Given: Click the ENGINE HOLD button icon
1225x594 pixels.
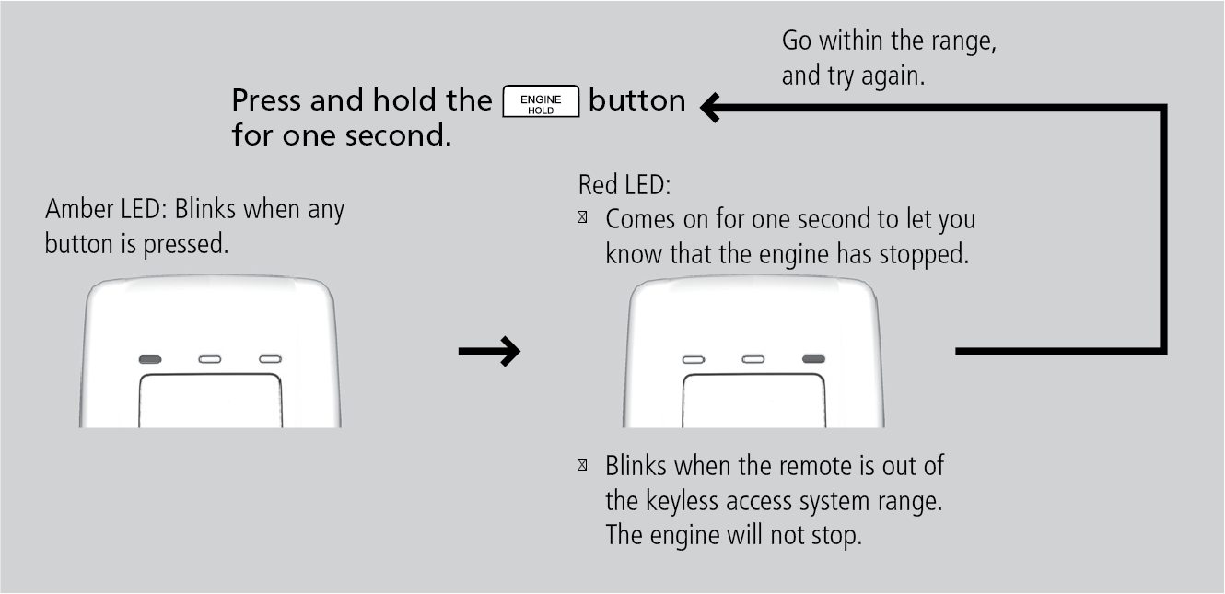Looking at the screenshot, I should (x=541, y=100).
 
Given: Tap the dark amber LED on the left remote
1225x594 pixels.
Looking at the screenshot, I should (x=150, y=358).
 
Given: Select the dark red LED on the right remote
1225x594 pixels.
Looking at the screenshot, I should (x=813, y=358).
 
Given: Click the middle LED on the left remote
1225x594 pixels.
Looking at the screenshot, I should (x=210, y=358).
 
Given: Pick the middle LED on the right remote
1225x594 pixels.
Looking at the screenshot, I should (x=753, y=358).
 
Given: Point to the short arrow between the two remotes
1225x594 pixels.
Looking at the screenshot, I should (x=489, y=351).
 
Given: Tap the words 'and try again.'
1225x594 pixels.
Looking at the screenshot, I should (x=853, y=76).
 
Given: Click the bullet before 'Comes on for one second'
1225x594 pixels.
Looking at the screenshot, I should (x=582, y=219).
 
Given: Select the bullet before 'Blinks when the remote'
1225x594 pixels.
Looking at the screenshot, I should (x=582, y=465).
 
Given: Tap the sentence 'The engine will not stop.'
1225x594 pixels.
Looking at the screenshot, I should (x=732, y=535).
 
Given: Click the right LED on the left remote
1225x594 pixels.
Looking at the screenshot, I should (x=270, y=358).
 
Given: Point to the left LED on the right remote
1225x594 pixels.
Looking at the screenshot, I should (x=694, y=358).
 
